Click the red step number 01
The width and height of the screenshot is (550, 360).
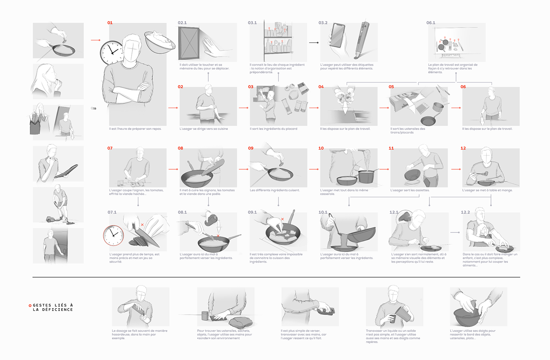coord(110,23)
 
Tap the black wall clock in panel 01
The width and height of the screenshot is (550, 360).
coord(112,53)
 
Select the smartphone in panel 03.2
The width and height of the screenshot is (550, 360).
coord(337,36)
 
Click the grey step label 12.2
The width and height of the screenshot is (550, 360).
coord(465,212)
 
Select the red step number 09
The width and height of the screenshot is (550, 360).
coord(251,148)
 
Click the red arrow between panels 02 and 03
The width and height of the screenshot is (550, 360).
coord(244,108)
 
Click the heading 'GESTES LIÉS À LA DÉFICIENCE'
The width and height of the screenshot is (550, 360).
coord(53,307)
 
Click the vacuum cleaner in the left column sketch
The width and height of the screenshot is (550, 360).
coord(51,219)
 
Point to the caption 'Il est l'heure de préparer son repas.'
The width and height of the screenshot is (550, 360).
coord(135,129)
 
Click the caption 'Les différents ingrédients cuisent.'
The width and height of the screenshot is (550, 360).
coord(275,190)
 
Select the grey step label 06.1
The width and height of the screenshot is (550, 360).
coord(431,23)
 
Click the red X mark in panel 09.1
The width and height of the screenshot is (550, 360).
coord(282,219)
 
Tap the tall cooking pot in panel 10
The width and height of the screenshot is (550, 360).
coord(366,176)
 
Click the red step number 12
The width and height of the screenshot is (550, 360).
coord(463,148)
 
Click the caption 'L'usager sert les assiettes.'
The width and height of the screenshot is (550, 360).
coord(410,190)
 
